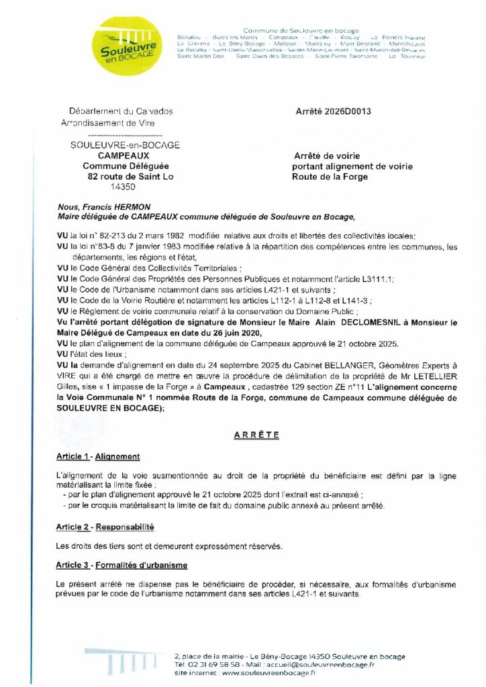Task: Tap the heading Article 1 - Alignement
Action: point(98,457)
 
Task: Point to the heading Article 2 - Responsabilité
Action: point(105,527)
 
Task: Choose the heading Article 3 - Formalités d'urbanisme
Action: point(121,566)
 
